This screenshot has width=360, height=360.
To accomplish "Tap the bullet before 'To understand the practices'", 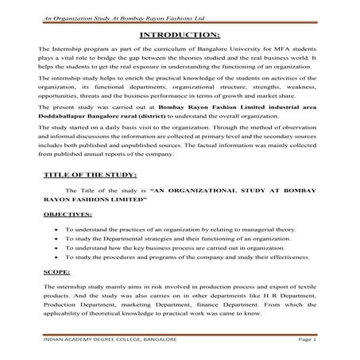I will click(x=53, y=229).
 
